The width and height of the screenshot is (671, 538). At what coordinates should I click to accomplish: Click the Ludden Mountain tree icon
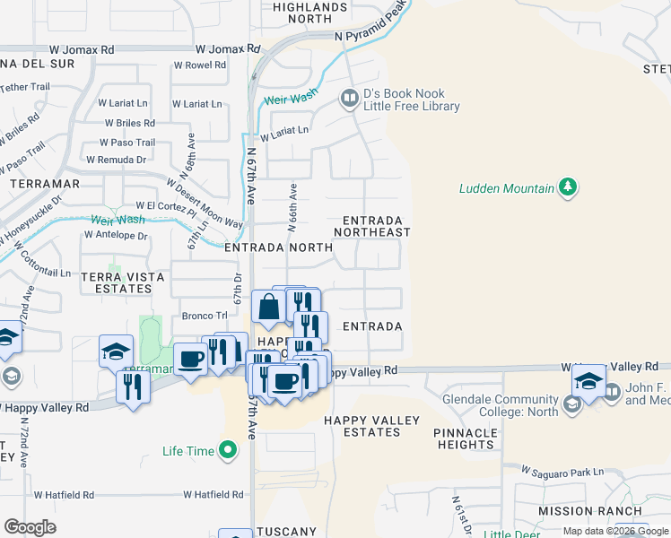click(x=567, y=187)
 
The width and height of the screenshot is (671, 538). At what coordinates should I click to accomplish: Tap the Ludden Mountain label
click(x=506, y=188)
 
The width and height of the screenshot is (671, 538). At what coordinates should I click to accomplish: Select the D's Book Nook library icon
click(x=348, y=98)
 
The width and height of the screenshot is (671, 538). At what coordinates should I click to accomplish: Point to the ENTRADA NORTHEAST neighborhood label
click(x=372, y=226)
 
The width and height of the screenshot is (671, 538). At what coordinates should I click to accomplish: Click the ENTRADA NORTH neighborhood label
click(x=266, y=247)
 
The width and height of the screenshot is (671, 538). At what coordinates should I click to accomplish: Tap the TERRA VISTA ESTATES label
click(x=122, y=283)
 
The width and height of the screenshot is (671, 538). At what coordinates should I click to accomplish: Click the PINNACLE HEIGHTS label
click(x=466, y=438)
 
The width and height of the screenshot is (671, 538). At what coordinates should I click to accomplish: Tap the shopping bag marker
click(x=268, y=308)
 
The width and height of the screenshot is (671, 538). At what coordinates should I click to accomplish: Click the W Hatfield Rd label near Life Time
click(x=214, y=494)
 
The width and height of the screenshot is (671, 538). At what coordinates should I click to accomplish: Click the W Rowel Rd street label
click(x=200, y=65)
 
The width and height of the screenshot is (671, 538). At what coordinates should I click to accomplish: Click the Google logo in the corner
click(x=30, y=527)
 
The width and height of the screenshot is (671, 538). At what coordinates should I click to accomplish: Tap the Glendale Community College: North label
click(x=492, y=406)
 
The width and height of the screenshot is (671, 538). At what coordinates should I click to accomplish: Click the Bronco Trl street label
click(x=198, y=316)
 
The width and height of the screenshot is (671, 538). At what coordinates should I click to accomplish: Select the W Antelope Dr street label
click(x=115, y=235)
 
